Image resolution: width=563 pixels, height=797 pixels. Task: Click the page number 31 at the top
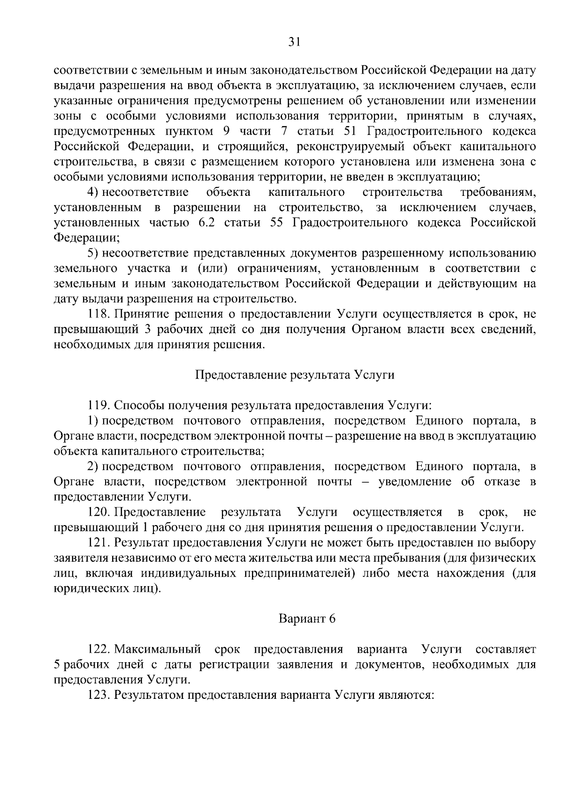click(x=294, y=42)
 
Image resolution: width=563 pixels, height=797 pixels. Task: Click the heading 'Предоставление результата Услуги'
click(x=294, y=375)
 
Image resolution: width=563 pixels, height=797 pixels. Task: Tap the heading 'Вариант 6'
click(x=307, y=619)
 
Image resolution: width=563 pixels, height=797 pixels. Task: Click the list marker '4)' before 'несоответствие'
click(x=93, y=192)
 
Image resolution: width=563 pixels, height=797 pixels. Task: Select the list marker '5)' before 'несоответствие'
click(x=93, y=254)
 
